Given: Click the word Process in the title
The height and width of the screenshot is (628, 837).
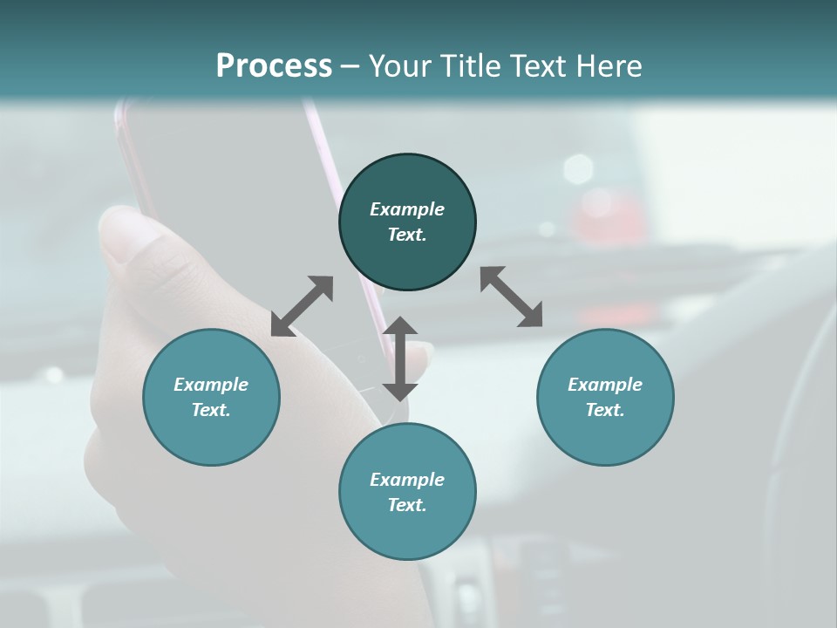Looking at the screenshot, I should pyautogui.click(x=274, y=65).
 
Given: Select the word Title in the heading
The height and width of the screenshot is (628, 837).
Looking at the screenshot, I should pyautogui.click(x=466, y=65).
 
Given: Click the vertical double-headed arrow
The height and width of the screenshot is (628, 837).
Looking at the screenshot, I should pyautogui.click(x=400, y=358).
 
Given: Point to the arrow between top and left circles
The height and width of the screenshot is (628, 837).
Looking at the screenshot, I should pyautogui.click(x=302, y=306).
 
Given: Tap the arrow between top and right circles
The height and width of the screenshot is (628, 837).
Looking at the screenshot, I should pyautogui.click(x=511, y=297).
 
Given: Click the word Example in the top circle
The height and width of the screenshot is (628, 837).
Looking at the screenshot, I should pyautogui.click(x=407, y=209).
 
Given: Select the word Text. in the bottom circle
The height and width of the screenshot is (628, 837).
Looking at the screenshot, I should pyautogui.click(x=407, y=505).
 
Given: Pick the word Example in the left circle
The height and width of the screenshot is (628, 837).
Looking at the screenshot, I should pyautogui.click(x=211, y=385).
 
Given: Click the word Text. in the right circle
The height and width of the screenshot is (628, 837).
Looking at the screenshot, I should pyautogui.click(x=605, y=410).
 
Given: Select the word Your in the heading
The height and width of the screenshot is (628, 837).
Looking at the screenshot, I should pyautogui.click(x=398, y=65).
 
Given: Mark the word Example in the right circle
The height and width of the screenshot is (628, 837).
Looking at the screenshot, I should pyautogui.click(x=605, y=385).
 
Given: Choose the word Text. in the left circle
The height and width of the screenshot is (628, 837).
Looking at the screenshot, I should pyautogui.click(x=211, y=410).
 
